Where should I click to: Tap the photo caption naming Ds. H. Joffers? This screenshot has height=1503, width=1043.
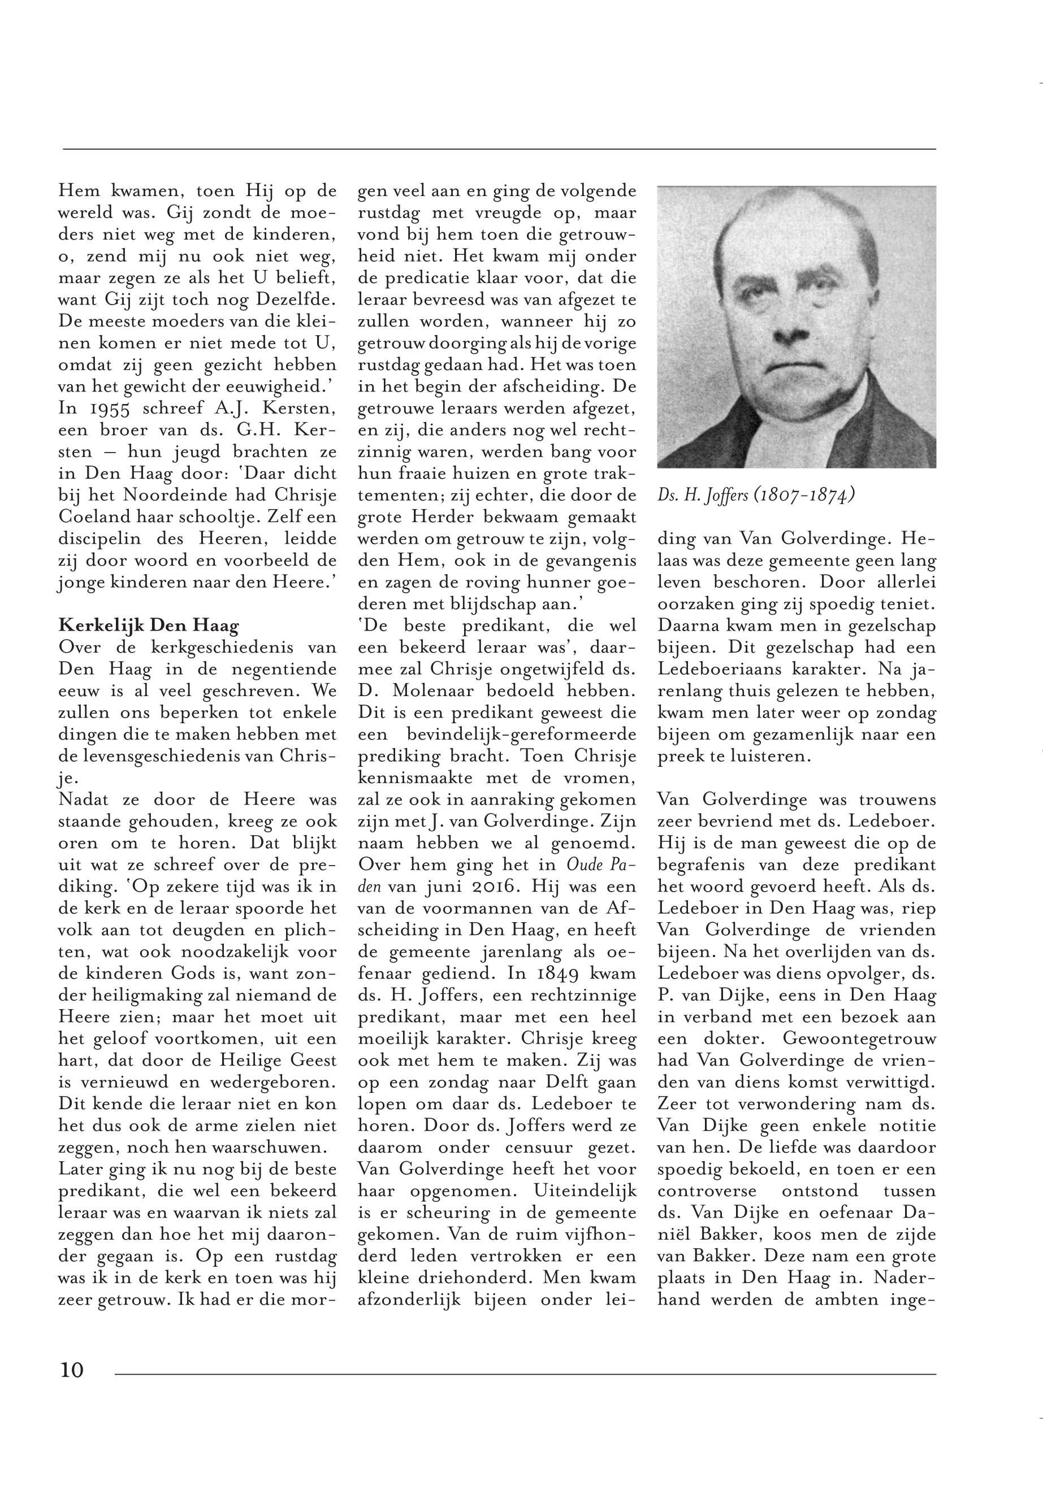(x=756, y=496)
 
